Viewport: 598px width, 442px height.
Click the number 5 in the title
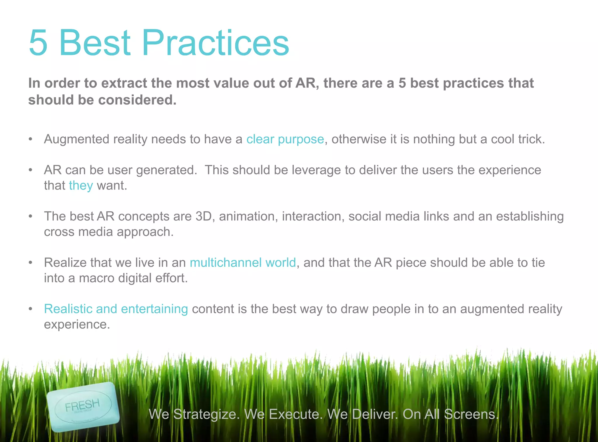(x=38, y=43)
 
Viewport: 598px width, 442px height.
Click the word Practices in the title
(x=215, y=43)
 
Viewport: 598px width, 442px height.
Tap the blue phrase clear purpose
(x=285, y=139)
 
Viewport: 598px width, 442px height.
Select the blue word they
(x=81, y=186)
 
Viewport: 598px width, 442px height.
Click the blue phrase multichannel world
(x=243, y=262)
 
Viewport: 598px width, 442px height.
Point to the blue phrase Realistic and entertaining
(x=116, y=309)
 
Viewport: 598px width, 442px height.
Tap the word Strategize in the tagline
(x=206, y=414)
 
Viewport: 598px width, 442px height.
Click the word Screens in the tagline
(x=471, y=414)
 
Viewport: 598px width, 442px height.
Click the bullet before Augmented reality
(x=30, y=139)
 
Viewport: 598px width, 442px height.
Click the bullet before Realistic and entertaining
(x=30, y=309)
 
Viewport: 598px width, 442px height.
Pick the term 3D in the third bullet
(x=204, y=216)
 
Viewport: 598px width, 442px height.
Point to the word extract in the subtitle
(x=124, y=83)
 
